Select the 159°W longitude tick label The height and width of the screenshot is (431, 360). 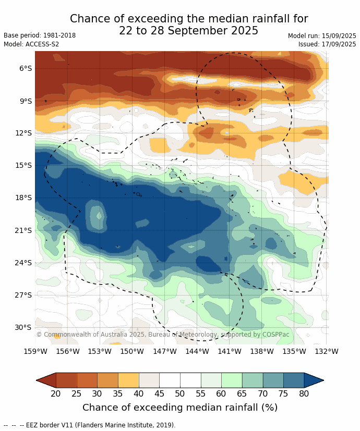(35, 351)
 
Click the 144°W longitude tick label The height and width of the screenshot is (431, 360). (197, 351)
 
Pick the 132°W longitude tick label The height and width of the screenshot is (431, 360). (327, 351)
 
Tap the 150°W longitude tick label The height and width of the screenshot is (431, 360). (132, 351)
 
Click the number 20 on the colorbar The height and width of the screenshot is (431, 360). (56, 393)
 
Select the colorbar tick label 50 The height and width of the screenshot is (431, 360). (180, 393)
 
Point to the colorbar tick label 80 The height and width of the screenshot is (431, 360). (304, 393)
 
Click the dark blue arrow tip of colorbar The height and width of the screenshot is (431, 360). (314, 380)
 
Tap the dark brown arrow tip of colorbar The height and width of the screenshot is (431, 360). (46, 380)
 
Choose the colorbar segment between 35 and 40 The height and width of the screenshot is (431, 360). (128, 380)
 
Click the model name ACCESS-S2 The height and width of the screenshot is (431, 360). (41, 44)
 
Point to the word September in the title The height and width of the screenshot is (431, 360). (186, 31)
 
